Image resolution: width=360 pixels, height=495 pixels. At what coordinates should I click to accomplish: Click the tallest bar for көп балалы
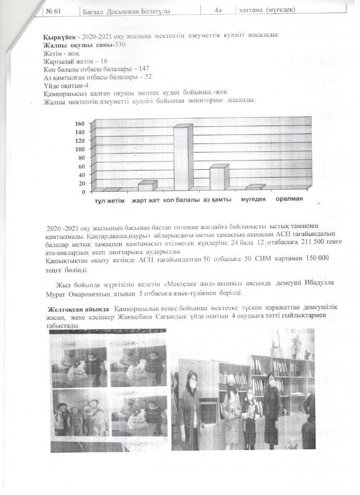click(x=181, y=159)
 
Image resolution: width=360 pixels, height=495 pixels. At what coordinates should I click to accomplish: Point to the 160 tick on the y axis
click(x=80, y=123)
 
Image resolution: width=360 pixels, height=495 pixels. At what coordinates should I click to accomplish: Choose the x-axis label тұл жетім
click(x=109, y=201)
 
